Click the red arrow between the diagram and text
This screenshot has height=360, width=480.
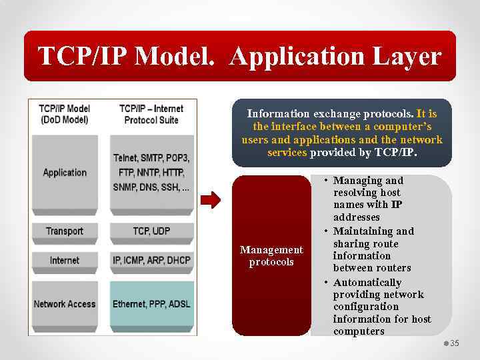click(211, 200)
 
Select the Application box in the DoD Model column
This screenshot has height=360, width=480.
click(65, 173)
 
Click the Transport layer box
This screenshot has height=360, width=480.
click(65, 231)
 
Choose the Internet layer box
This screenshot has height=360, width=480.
click(65, 260)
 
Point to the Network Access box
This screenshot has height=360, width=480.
click(65, 304)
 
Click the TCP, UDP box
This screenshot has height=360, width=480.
click(151, 231)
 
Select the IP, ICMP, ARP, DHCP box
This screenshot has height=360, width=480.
click(151, 260)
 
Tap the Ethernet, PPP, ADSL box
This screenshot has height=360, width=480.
click(151, 304)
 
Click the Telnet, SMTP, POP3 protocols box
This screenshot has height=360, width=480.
click(151, 173)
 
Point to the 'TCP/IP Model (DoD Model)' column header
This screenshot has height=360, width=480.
click(64, 114)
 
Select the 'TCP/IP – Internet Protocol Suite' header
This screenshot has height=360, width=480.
click(151, 114)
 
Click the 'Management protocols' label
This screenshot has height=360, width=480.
click(271, 256)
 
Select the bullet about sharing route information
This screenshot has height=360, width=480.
click(372, 249)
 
